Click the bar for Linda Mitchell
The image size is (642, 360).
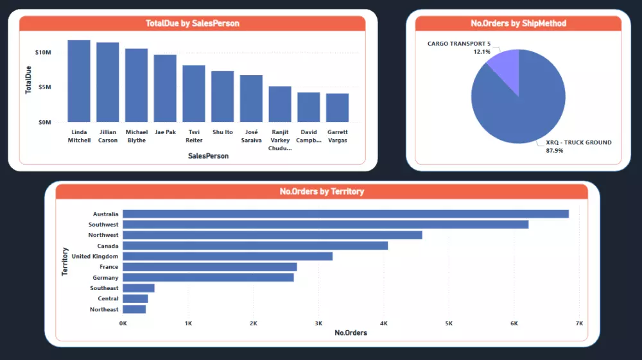point(79,81)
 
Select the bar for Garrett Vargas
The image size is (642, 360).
point(337,108)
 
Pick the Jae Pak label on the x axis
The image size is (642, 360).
point(165,132)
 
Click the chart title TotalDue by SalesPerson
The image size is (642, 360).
point(192,24)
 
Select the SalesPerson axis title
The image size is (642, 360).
point(208,156)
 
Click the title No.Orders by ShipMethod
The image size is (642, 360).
point(518,24)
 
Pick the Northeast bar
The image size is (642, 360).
point(134,309)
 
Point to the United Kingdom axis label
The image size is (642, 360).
point(95,256)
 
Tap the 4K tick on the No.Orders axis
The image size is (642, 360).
point(384,323)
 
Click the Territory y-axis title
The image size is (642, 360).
point(65,262)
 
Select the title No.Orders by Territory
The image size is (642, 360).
point(322,191)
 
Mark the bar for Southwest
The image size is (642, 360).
point(325,225)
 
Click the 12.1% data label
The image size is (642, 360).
point(482,51)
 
